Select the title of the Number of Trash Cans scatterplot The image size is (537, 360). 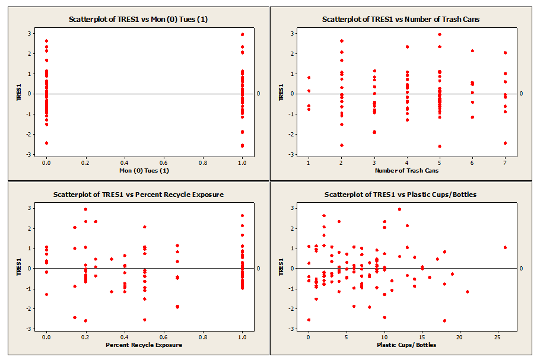[x=401, y=19]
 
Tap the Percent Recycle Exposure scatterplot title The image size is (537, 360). [x=138, y=194]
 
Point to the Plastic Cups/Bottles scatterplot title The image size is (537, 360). [x=401, y=194]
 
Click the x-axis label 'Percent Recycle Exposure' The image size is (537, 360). [x=144, y=345]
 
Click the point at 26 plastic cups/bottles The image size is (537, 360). [x=505, y=247]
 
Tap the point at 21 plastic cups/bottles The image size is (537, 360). [x=467, y=291]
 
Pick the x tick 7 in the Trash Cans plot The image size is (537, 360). [x=505, y=162]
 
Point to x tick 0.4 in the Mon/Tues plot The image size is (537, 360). [x=125, y=162]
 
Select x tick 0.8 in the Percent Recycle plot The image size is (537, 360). [x=203, y=336]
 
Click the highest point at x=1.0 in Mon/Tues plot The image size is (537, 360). [x=242, y=34]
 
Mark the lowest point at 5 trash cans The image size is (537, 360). [x=440, y=146]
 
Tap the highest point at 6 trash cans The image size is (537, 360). [x=472, y=51]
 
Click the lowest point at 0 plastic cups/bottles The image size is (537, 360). [x=309, y=320]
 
